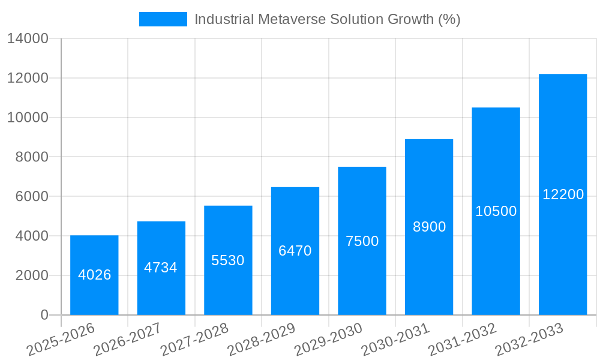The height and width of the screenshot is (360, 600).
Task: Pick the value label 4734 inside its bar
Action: click(x=161, y=268)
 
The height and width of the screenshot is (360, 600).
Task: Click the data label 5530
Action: click(x=228, y=260)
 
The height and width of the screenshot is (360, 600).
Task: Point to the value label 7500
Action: click(x=362, y=241)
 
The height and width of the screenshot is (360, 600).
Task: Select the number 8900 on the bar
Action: click(x=429, y=227)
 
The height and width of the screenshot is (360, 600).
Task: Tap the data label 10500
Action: click(x=496, y=211)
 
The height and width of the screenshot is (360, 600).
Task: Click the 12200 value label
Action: click(x=563, y=194)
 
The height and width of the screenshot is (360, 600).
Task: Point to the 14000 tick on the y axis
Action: click(x=28, y=38)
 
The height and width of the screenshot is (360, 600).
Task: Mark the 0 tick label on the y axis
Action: click(x=44, y=315)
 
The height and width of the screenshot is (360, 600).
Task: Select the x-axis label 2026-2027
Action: click(x=127, y=340)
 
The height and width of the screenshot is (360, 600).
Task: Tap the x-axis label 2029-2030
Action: click(x=328, y=340)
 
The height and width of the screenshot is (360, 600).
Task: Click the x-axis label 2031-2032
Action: click(x=463, y=340)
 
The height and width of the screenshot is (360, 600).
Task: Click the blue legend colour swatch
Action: click(x=163, y=19)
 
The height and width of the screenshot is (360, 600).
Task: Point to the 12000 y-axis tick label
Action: click(x=28, y=78)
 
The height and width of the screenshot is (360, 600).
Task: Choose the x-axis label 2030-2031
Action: click(x=395, y=340)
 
